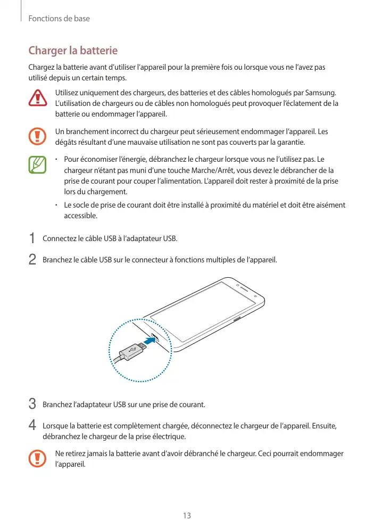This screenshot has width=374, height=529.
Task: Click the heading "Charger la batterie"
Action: coord(73,52)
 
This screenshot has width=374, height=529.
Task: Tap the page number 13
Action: coord(187,516)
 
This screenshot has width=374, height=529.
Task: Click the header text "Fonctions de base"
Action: coord(59,19)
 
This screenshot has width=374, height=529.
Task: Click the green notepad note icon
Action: coord(38,164)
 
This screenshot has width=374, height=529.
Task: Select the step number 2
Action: coord(32,260)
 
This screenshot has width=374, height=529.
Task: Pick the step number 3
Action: coord(32,404)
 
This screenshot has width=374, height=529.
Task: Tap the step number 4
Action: coord(32,426)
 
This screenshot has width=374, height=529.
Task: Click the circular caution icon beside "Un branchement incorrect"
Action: coord(38,136)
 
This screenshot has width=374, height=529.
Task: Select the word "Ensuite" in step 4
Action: coord(323,426)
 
